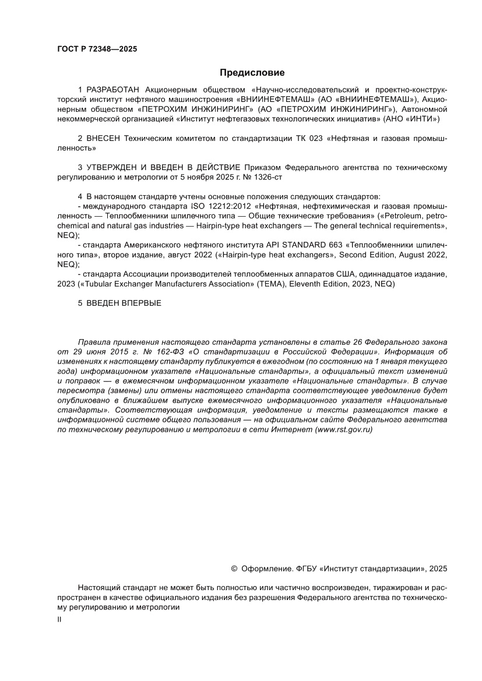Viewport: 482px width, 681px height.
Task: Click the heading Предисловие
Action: pos(252,73)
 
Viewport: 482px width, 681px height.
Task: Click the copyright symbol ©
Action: pos(234,569)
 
